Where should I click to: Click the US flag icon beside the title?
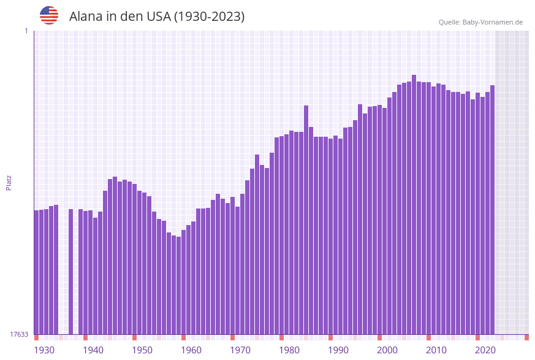[x=49, y=15]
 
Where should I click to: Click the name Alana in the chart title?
[x=86, y=17]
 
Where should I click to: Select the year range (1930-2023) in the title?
[x=209, y=17]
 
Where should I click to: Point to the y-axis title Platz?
[x=9, y=182]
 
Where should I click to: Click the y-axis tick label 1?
[x=26, y=31]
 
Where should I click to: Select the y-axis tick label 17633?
[x=18, y=334]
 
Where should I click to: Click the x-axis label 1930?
[x=44, y=350]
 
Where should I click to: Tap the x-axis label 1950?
[x=142, y=350]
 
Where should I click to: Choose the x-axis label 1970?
[x=240, y=350]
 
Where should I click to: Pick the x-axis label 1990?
[x=338, y=350]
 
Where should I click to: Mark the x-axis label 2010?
[x=436, y=350]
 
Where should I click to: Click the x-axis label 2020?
[x=485, y=350]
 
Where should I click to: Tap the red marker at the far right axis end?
[x=526, y=337]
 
